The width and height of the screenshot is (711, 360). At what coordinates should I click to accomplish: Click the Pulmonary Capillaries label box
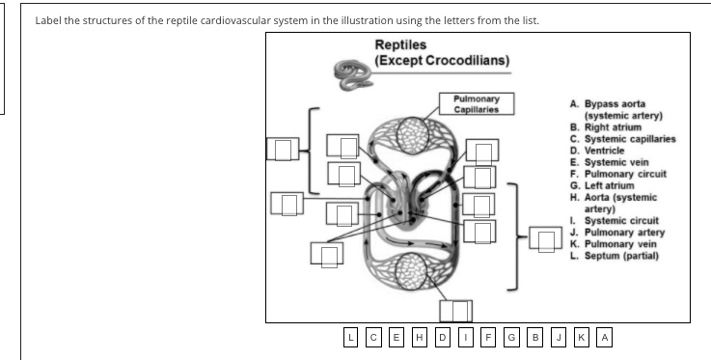(475, 103)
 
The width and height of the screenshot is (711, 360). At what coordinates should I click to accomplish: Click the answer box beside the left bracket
(283, 150)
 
